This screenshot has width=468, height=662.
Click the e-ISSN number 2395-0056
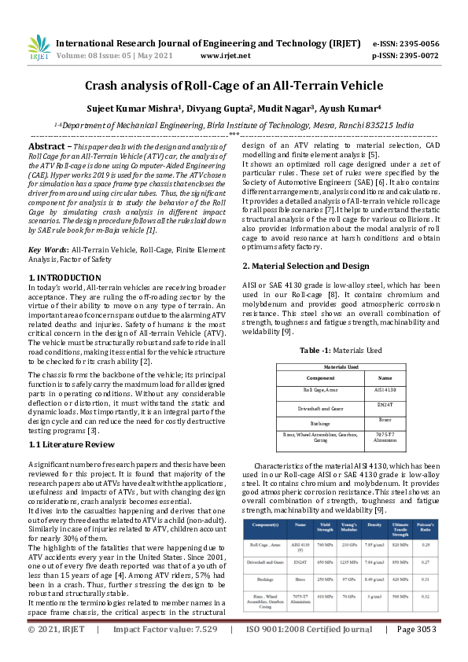421,44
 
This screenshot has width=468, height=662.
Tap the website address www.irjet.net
226,57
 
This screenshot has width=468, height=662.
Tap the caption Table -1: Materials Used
342,350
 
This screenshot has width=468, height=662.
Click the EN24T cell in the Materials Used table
385,406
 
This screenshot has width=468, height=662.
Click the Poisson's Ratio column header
425,524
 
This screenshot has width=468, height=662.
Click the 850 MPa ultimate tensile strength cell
401,561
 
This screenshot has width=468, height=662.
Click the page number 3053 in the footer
422,652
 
